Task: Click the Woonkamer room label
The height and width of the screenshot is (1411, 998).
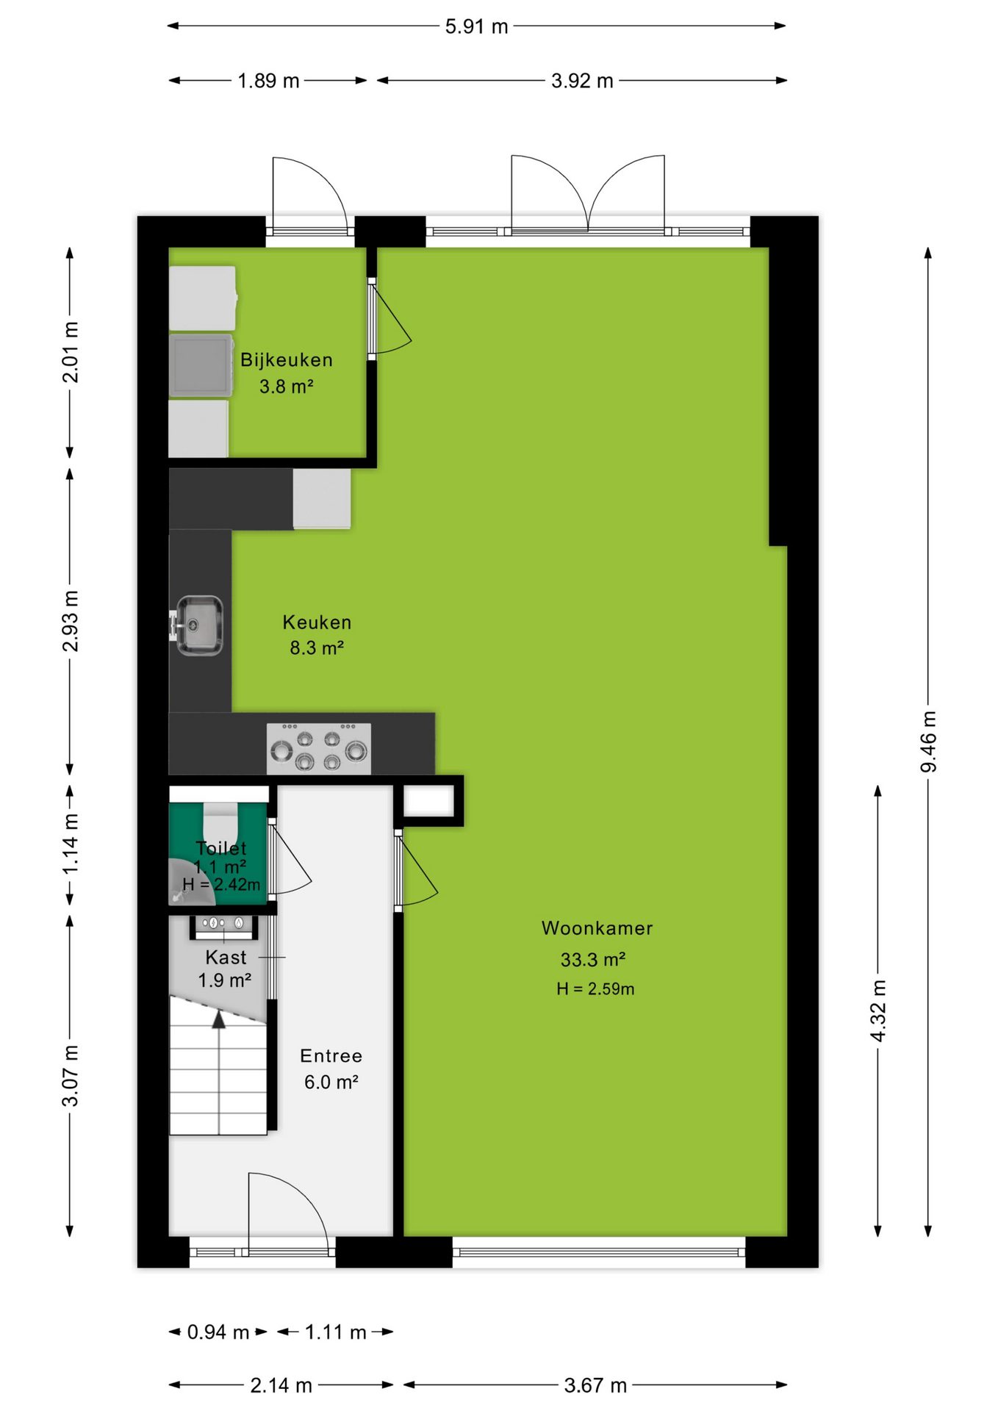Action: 597,928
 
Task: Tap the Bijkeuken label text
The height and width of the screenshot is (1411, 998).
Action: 287,360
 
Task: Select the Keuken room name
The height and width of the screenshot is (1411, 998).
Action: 317,622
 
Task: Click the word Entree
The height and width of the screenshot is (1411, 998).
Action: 331,1056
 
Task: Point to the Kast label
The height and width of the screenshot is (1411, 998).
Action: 226,958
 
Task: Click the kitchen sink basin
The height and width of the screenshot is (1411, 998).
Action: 198,625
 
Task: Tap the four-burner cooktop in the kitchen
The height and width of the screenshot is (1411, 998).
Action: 318,748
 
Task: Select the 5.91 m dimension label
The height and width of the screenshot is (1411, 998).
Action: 476,26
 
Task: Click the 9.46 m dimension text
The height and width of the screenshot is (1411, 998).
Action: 928,742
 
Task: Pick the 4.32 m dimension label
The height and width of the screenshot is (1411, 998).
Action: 877,1010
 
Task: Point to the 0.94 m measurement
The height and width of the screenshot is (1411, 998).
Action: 218,1332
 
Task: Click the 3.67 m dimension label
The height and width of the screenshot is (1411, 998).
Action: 595,1385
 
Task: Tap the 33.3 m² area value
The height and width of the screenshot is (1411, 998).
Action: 592,960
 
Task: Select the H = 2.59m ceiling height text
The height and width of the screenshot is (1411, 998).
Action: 595,989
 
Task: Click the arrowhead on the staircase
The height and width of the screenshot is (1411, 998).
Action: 219,1019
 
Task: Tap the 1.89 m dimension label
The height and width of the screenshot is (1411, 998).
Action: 268,81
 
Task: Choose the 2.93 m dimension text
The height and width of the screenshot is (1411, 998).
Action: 70,621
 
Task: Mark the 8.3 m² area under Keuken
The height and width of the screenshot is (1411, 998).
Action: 317,648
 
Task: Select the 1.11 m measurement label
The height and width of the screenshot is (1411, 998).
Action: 335,1332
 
